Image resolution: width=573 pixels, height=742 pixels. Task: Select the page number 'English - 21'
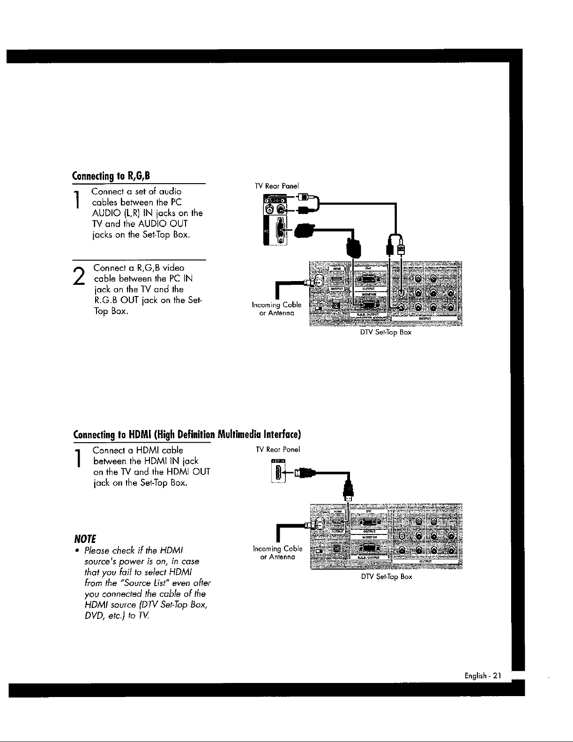tap(483, 675)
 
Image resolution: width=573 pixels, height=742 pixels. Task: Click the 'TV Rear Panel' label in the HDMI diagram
tap(277, 449)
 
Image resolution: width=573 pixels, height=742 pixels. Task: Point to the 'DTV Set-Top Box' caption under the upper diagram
tap(386, 332)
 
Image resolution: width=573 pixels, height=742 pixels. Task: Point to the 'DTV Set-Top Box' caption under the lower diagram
tap(387, 577)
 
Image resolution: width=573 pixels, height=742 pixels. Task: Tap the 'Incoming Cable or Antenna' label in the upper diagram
tap(276, 309)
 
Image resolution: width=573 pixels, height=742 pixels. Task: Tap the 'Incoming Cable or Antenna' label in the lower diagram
tap(277, 553)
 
